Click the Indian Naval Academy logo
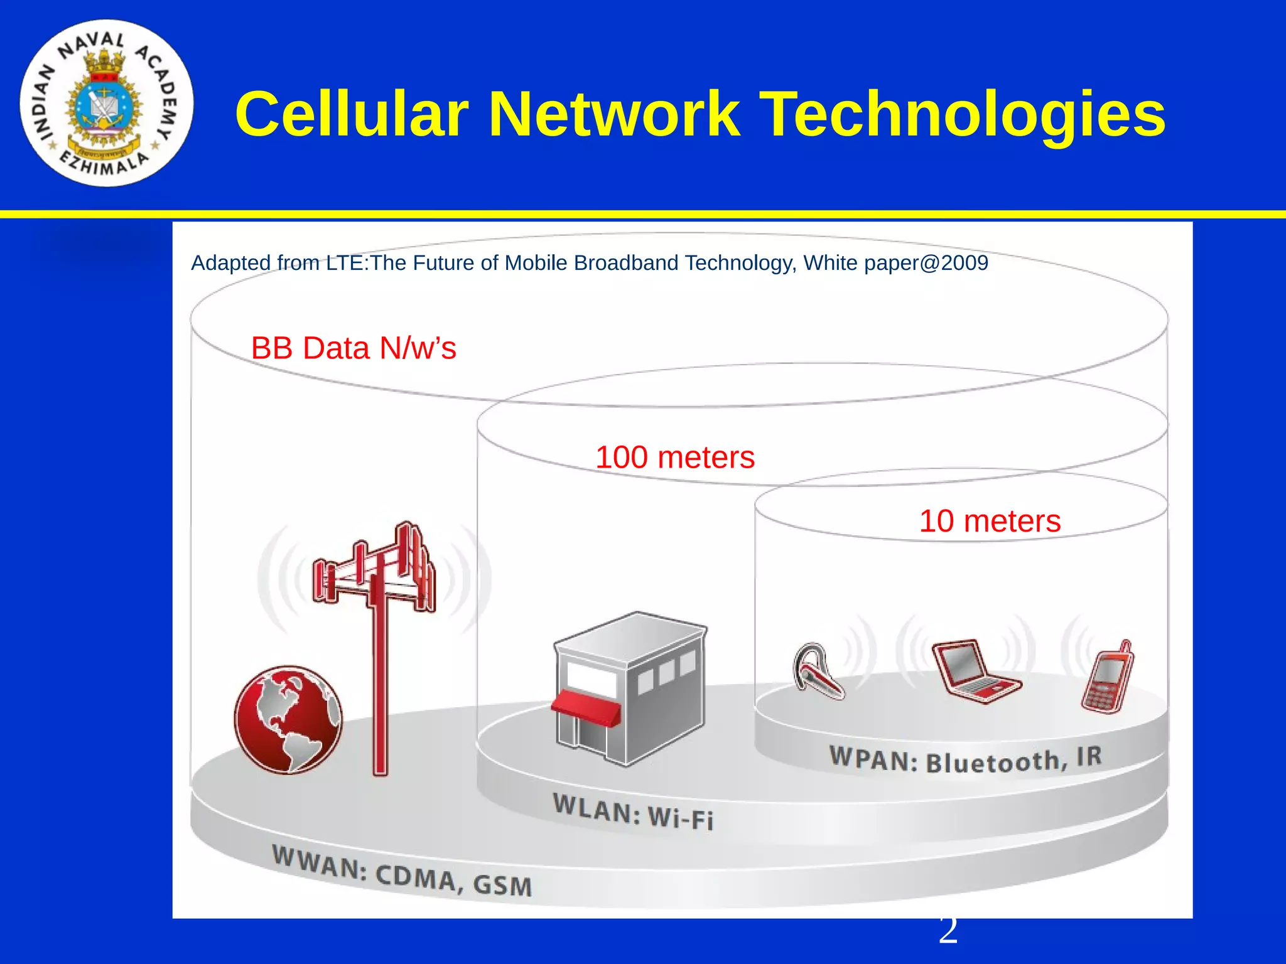106,103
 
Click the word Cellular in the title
352,114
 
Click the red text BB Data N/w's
354,348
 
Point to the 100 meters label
675,458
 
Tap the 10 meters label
990,521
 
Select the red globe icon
288,719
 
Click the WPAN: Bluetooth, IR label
966,759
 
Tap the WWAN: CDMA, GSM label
402,871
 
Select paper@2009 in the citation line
926,263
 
